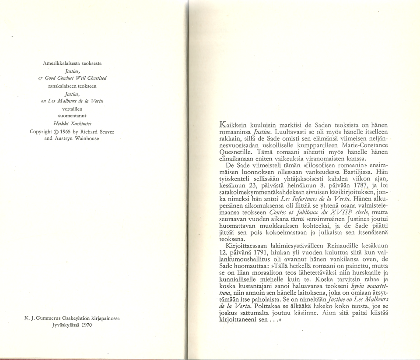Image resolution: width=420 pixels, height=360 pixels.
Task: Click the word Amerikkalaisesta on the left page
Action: click(x=59, y=64)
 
